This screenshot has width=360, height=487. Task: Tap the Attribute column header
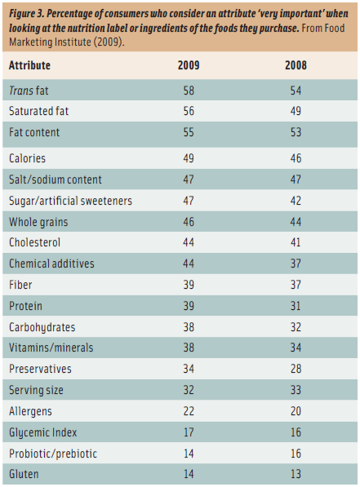click(29, 65)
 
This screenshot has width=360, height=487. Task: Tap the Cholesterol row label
click(34, 242)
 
